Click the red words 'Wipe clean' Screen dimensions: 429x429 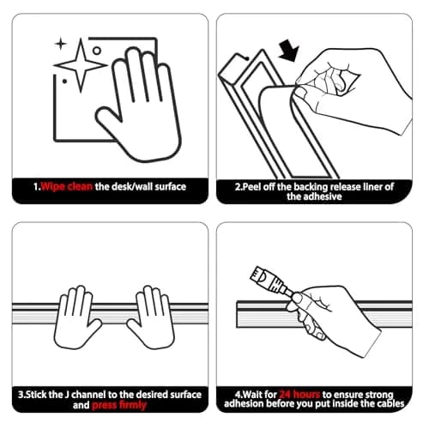click(67, 187)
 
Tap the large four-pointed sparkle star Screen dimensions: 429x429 click(81, 65)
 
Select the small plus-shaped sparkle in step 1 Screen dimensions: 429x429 click(61, 44)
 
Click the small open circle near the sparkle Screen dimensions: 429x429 click(97, 51)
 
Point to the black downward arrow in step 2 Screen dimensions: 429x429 click(289, 51)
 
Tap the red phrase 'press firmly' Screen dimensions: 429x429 click(119, 405)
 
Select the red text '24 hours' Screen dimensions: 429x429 click(299, 395)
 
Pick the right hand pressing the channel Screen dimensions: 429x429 click(152, 318)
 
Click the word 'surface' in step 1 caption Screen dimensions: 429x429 click(171, 187)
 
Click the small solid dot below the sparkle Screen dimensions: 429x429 click(64, 82)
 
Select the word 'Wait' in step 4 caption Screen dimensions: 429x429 click(251, 395)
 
